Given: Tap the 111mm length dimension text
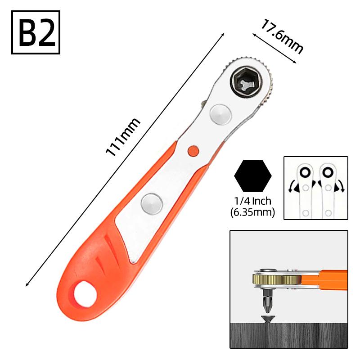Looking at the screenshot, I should point(122,137).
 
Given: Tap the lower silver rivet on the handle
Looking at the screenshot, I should point(151,203).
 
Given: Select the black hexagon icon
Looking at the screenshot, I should point(253,175).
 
